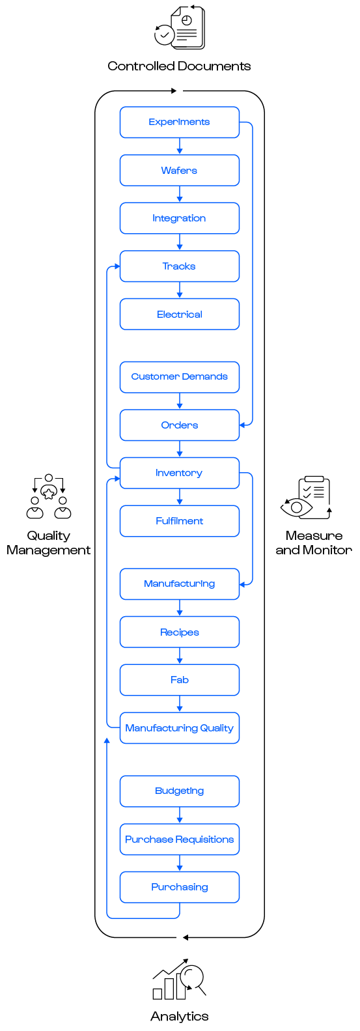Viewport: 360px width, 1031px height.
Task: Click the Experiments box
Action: coord(179,122)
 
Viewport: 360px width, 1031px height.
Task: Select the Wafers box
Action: coord(179,170)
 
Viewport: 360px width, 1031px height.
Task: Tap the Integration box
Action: coord(179,218)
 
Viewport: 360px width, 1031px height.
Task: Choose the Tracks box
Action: coord(179,266)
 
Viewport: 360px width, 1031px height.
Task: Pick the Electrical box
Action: coord(179,315)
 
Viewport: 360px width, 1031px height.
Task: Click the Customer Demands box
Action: coord(179,377)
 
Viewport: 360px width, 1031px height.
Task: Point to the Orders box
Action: coord(179,425)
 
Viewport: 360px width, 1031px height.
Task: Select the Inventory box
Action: coord(179,473)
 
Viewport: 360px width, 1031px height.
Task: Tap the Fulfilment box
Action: coord(179,521)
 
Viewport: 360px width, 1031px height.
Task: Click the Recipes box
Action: coord(179,632)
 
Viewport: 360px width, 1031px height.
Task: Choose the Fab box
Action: coord(179,680)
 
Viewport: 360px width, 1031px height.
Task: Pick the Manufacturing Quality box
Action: coord(179,727)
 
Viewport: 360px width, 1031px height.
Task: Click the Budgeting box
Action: coord(179,791)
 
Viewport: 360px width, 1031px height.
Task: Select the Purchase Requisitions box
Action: coord(179,839)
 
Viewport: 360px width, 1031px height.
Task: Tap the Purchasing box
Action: coord(179,887)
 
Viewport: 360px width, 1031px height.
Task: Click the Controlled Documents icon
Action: coord(180,27)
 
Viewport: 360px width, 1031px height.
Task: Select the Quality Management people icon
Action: coord(49,497)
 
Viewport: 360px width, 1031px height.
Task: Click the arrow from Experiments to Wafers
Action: coord(179,146)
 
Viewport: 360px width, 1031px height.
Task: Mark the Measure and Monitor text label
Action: coord(314,543)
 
